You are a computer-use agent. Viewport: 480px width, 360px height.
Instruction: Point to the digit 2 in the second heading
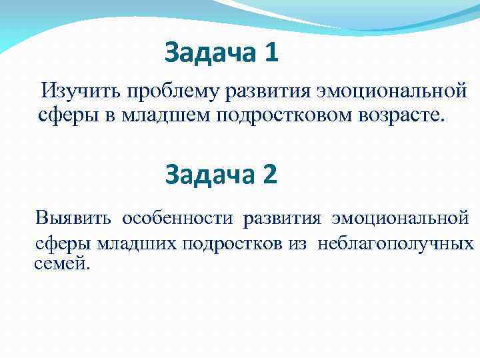(269, 174)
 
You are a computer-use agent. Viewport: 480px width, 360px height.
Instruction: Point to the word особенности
(177, 218)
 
